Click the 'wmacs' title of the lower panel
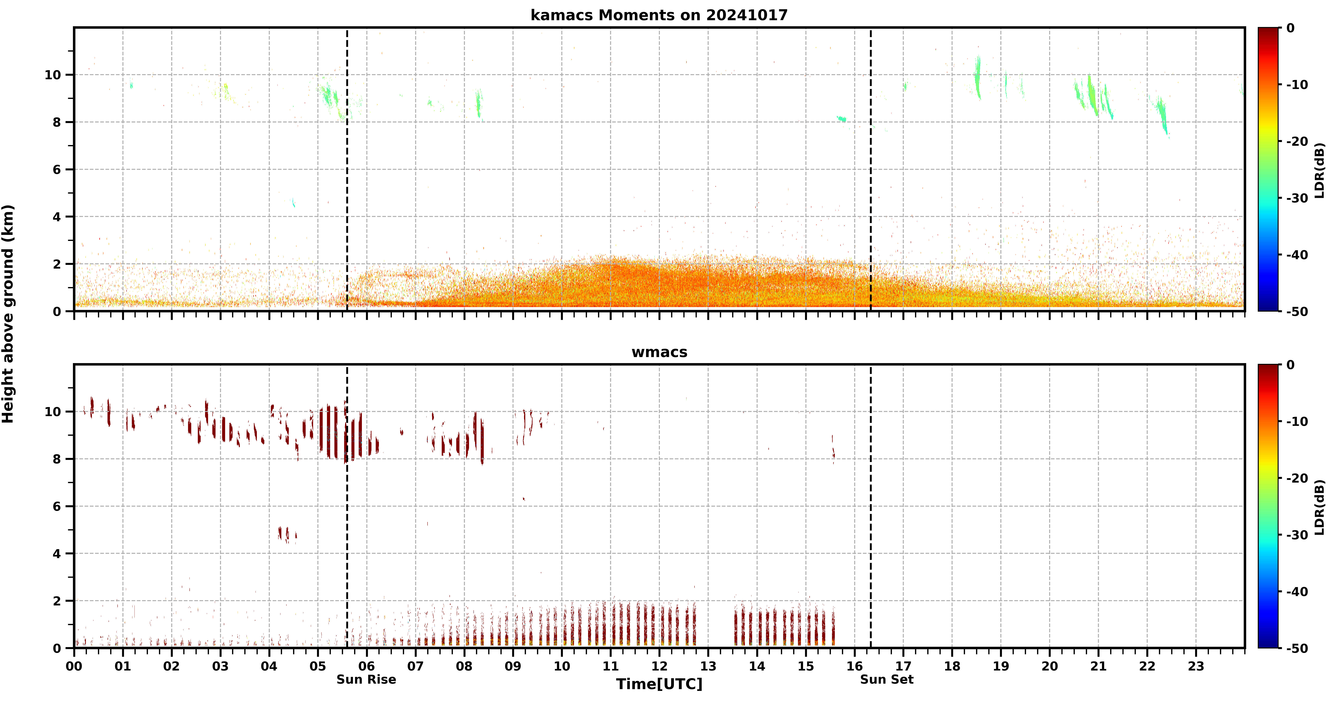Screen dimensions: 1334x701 click(659, 352)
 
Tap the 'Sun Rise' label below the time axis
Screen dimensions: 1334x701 click(366, 679)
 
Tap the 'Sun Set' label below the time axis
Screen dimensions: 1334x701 click(887, 679)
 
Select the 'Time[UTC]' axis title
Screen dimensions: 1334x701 click(659, 684)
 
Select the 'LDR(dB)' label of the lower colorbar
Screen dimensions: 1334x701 click(1319, 507)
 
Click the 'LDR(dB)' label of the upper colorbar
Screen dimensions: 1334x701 click(1319, 170)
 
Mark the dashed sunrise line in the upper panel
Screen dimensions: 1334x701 click(347, 169)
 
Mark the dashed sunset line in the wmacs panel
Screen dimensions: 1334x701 click(870, 506)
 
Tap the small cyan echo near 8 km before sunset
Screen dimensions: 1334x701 click(842, 119)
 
